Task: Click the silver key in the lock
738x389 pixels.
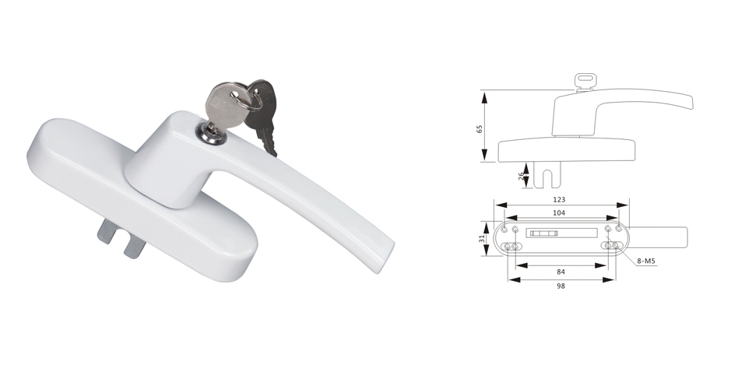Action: (224, 104)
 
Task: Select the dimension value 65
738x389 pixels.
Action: (480, 128)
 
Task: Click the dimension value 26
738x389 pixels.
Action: (521, 176)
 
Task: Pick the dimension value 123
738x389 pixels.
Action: (560, 199)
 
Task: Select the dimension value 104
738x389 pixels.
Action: (559, 212)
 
